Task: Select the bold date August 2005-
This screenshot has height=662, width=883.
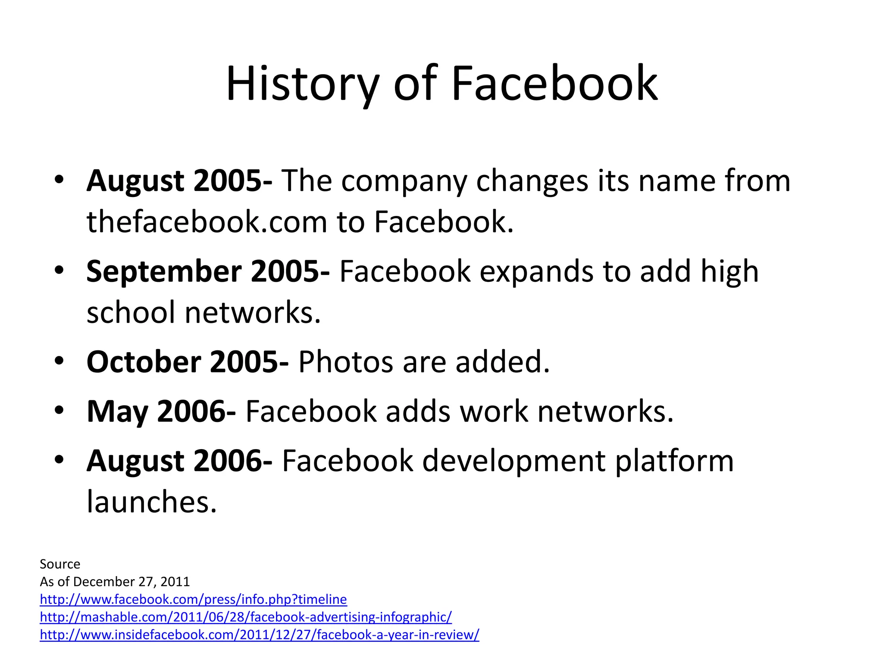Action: click(179, 181)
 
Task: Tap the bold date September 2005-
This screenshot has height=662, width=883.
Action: click(208, 272)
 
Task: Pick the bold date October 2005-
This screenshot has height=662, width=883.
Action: click(188, 362)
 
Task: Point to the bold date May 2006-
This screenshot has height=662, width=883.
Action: click(161, 412)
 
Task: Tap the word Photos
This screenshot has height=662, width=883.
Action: click(345, 362)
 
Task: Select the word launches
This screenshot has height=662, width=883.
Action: click(151, 502)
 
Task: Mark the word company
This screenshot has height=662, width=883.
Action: click(404, 181)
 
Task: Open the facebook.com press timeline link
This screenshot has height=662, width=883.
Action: click(193, 600)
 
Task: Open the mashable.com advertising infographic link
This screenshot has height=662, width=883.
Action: click(246, 617)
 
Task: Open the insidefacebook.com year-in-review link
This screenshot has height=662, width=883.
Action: click(259, 635)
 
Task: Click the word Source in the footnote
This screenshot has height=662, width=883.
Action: click(60, 564)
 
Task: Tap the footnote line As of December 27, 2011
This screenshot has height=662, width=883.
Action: click(115, 582)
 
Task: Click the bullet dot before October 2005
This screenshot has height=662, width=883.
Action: click(59, 361)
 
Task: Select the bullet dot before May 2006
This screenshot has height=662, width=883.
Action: click(59, 410)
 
